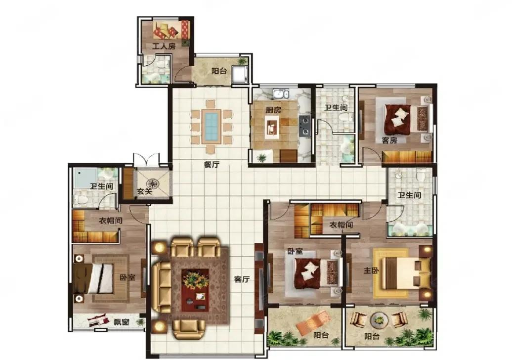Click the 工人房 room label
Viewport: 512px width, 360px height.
(164, 46)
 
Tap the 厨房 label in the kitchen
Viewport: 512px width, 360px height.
(273, 110)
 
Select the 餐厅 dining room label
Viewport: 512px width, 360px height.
(212, 165)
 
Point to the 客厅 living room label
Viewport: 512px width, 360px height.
(242, 279)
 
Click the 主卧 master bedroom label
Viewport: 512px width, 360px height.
(371, 271)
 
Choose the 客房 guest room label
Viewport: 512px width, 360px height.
(389, 140)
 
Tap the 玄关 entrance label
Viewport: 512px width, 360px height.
(144, 191)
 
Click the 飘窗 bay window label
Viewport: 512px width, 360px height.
(122, 322)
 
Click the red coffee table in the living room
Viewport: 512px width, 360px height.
(195, 290)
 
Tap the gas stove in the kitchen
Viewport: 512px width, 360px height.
(304, 126)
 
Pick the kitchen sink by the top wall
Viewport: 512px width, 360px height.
(281, 94)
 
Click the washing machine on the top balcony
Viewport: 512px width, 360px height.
(239, 75)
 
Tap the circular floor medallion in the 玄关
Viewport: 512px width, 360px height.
(152, 183)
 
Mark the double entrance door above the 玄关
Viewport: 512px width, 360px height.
(146, 160)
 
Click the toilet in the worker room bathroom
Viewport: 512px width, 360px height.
(161, 65)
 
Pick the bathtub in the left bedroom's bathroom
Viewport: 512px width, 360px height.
(85, 179)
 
